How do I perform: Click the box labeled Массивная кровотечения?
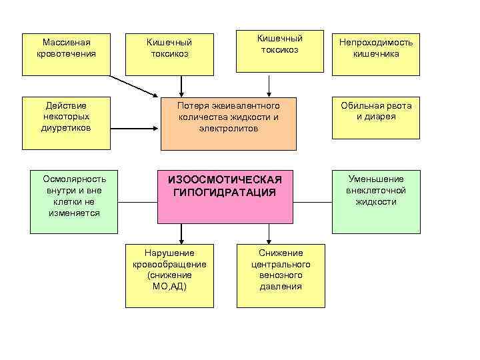click(x=65, y=53)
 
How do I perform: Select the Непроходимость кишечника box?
click(x=376, y=53)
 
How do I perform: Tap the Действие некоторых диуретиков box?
click(x=65, y=123)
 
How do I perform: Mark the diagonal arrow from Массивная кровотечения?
click(x=133, y=85)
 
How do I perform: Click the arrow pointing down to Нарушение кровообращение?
click(x=181, y=233)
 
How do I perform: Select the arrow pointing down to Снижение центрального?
click(x=269, y=233)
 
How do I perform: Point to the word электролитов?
click(x=228, y=128)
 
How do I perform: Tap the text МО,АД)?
click(x=169, y=287)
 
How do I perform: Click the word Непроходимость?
click(x=376, y=43)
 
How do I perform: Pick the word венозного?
click(x=281, y=275)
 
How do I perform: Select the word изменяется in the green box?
click(x=74, y=213)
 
